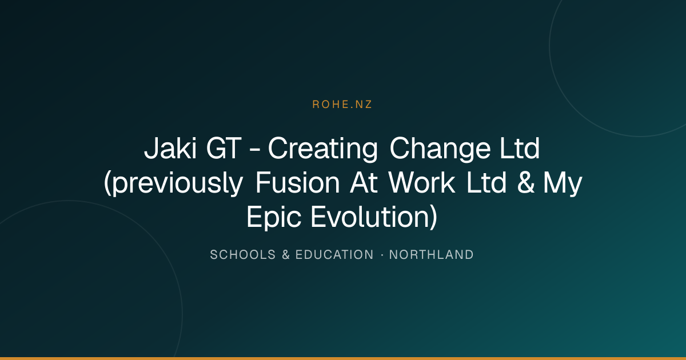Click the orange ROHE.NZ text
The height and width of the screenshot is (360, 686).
pyautogui.click(x=342, y=105)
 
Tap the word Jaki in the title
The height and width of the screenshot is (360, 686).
pyautogui.click(x=170, y=148)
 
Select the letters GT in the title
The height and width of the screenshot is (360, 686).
pyautogui.click(x=224, y=148)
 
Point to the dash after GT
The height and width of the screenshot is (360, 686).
pyautogui.click(x=255, y=150)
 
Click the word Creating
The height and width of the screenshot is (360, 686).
pyautogui.click(x=323, y=149)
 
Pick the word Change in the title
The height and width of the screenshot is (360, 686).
pyautogui.click(x=440, y=149)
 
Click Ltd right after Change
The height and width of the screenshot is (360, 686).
pyautogui.click(x=520, y=148)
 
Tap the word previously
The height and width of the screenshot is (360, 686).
pyautogui.click(x=174, y=183)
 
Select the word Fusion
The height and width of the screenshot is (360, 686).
pyautogui.click(x=298, y=182)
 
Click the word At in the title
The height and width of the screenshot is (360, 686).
pyautogui.click(x=364, y=182)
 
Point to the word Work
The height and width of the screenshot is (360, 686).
pyautogui.click(x=422, y=182)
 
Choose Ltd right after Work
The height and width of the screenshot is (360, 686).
pyautogui.click(x=486, y=182)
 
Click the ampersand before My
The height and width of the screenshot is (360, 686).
pyautogui.click(x=525, y=182)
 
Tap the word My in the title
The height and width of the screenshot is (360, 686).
pyautogui.click(x=563, y=184)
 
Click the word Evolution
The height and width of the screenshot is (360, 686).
pyautogui.click(x=374, y=217)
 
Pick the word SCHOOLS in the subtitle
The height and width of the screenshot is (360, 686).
pyautogui.click(x=243, y=255)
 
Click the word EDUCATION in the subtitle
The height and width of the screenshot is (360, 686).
pyautogui.click(x=334, y=255)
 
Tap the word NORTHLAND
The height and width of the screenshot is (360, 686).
pyautogui.click(x=431, y=255)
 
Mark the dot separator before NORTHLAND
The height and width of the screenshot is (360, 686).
pyautogui.click(x=382, y=255)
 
